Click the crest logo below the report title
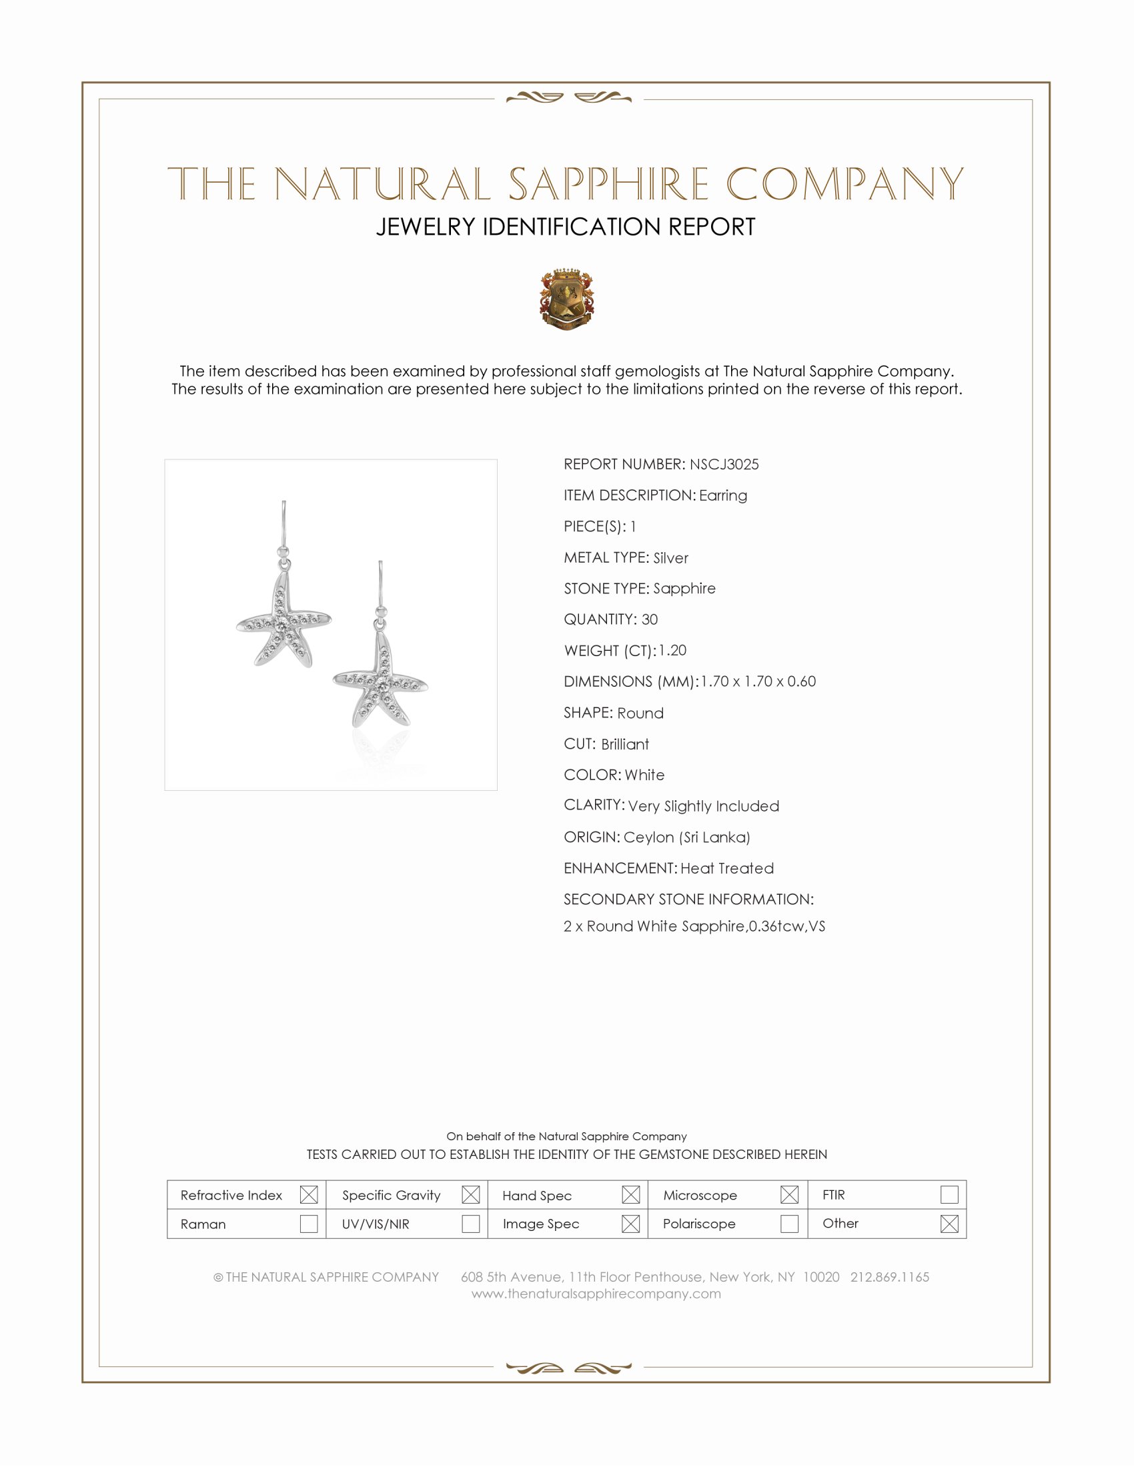coord(567,299)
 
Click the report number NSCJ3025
coord(724,464)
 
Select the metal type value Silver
coord(670,557)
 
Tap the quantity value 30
coord(649,619)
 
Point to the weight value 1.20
coord(672,650)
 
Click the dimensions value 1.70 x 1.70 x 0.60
coord(758,681)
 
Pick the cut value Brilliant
coord(625,744)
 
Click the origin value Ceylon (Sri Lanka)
coord(686,837)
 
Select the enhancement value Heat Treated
coord(727,868)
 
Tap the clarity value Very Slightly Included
coord(703,806)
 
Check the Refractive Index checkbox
coord(308,1195)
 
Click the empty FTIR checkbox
coord(949,1194)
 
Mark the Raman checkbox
coord(308,1224)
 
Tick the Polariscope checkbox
coord(789,1224)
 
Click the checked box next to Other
coord(949,1224)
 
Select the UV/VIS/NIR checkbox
coord(470,1224)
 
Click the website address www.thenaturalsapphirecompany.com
coord(596,1294)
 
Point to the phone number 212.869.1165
coord(889,1277)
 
